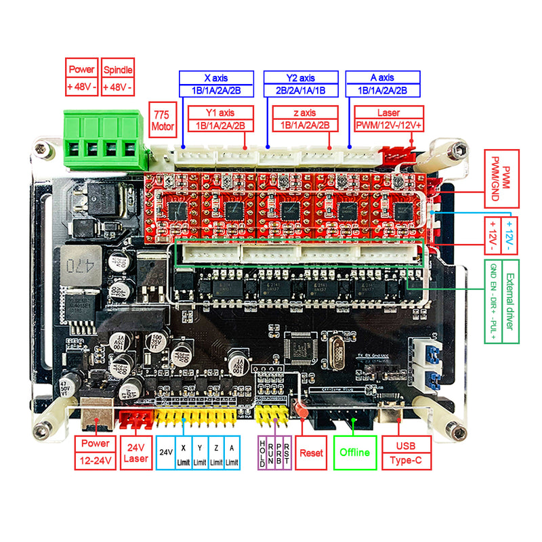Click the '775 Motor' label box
[162, 119]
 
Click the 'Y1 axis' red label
[220, 112]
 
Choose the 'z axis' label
[304, 112]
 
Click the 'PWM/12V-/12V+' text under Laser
[388, 125]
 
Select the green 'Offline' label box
[354, 452]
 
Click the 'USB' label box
[407, 445]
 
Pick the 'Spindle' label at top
[117, 69]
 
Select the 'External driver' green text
[509, 301]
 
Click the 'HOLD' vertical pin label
[263, 452]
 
